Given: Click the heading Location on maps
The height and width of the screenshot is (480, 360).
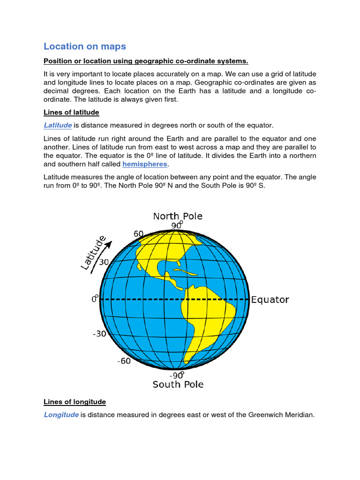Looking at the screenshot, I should click(x=85, y=46).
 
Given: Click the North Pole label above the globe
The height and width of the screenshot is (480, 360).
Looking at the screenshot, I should click(x=178, y=216).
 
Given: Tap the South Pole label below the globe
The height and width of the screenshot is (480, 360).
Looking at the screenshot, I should click(x=178, y=384).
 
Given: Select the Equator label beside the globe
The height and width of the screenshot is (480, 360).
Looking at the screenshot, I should click(x=270, y=300).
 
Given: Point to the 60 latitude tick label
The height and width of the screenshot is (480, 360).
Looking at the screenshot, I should click(x=138, y=234).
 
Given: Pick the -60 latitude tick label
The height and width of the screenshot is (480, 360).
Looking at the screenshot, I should click(x=124, y=361).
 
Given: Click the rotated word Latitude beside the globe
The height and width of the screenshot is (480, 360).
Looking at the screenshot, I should click(x=93, y=253).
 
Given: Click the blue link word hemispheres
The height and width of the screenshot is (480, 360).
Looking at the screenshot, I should click(x=145, y=164).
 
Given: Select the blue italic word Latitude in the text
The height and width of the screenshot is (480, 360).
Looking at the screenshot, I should click(x=58, y=125).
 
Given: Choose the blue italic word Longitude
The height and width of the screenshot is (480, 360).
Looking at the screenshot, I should click(x=61, y=414).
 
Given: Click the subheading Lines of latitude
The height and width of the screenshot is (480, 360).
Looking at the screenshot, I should click(x=71, y=112).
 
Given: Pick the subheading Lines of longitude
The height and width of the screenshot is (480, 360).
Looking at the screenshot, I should click(x=75, y=402).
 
